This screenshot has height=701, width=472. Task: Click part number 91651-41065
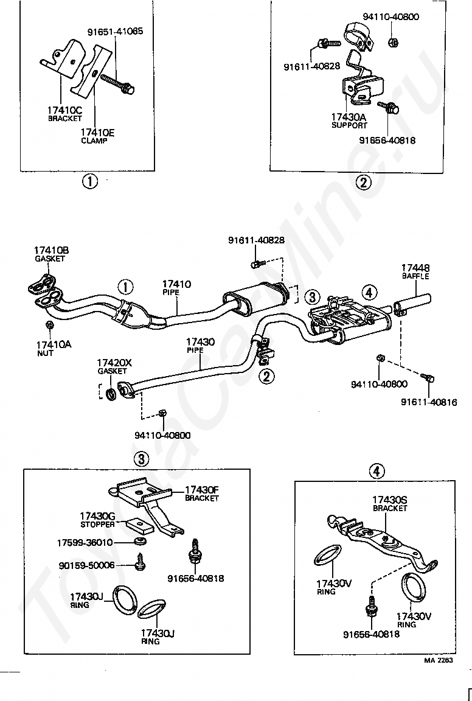click(x=115, y=32)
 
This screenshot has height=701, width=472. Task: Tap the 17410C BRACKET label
click(x=65, y=114)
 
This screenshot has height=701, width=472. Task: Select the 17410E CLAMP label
click(x=97, y=136)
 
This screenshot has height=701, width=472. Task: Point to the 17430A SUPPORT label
click(x=349, y=121)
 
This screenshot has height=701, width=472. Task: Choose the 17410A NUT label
click(x=54, y=349)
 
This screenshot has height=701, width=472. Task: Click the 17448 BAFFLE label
click(x=415, y=272)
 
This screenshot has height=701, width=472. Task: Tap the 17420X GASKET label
click(x=114, y=366)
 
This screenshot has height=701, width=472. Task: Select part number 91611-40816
click(x=429, y=402)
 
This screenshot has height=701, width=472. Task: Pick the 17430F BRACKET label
click(x=201, y=493)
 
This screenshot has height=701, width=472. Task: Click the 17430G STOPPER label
click(x=97, y=520)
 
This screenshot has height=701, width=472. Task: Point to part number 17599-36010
click(x=85, y=543)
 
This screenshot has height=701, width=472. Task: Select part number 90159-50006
click(x=87, y=565)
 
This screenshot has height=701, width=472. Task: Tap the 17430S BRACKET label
click(x=390, y=504)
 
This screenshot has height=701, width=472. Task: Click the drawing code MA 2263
click(x=439, y=660)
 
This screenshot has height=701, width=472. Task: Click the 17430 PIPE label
click(x=200, y=346)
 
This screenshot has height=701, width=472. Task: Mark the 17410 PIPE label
click(x=176, y=288)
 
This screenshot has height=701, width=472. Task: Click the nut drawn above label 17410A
click(x=50, y=324)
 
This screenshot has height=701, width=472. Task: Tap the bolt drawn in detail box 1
click(x=117, y=83)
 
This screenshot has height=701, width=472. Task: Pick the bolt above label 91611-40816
click(x=428, y=378)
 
